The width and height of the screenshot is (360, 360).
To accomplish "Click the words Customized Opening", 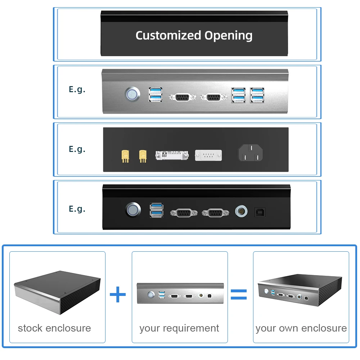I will point(194,35).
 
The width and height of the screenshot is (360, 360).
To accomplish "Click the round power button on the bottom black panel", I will point(132,210).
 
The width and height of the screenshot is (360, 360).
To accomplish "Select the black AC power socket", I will point(250,154).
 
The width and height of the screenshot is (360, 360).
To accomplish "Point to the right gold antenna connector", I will point(143,156).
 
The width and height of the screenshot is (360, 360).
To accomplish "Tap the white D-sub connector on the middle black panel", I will point(208,156).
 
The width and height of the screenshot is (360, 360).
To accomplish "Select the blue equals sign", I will point(239,294).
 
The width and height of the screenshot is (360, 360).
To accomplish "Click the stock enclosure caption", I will point(54,328).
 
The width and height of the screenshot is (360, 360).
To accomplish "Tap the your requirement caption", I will point(179,328).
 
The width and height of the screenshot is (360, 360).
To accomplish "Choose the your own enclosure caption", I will point(301,328).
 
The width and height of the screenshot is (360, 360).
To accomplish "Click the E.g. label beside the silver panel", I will point(77,89).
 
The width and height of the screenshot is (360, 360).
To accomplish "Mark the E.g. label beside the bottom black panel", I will point(77,209).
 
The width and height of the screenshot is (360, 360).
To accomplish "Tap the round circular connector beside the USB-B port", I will point(240,212).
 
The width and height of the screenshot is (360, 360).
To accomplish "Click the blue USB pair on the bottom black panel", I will point(156,211).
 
